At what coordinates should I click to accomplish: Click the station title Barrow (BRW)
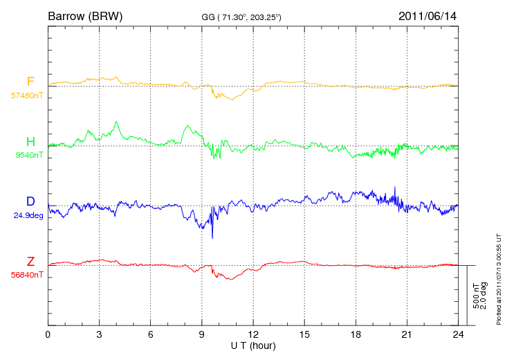[x=85, y=16]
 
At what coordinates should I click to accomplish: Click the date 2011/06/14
[x=428, y=16]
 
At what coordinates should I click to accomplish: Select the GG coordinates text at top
[x=241, y=17]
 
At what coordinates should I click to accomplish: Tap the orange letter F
[x=30, y=81]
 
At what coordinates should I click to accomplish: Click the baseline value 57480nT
[x=27, y=96]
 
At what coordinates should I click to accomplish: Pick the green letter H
[x=30, y=141]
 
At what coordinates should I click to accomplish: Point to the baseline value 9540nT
[x=29, y=155]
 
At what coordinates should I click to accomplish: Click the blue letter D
[x=30, y=201]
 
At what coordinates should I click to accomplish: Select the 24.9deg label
[x=28, y=215]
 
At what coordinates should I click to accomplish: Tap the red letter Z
[x=30, y=261]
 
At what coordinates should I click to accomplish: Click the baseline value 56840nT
[x=27, y=275]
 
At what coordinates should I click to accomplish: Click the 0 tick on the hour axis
[x=48, y=334]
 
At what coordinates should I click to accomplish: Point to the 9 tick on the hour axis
[x=201, y=334]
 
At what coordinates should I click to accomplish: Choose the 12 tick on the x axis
[x=253, y=334]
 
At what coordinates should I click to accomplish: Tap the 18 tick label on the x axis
[x=356, y=334]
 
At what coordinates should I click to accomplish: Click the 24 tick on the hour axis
[x=458, y=334]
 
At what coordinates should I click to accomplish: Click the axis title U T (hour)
[x=253, y=346]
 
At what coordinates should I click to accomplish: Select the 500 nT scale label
[x=476, y=296]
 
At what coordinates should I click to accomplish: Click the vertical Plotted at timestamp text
[x=499, y=279]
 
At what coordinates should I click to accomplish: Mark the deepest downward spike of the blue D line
[x=212, y=238]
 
